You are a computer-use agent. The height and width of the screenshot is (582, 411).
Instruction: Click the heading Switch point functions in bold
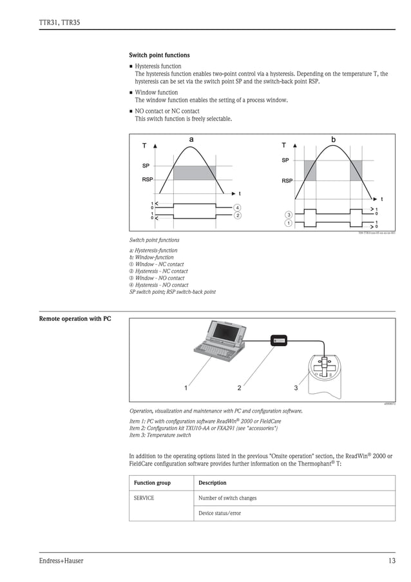pos(159,55)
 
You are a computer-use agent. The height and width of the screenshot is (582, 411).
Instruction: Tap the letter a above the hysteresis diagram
pos(191,139)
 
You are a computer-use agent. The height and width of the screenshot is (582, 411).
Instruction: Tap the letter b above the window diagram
pos(333,139)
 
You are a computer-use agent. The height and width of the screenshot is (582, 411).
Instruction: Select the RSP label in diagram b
pos(287,181)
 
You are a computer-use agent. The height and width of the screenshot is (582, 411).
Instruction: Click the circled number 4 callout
pos(238,208)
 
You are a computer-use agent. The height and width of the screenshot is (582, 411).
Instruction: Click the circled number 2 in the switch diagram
pos(238,215)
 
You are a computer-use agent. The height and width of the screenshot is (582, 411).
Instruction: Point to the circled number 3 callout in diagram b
pos(289,215)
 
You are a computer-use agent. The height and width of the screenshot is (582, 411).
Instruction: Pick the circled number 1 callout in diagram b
pos(289,223)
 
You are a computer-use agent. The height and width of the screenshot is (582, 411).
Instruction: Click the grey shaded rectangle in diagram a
pos(195,173)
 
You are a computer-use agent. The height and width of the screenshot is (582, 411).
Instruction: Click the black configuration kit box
pos(280,340)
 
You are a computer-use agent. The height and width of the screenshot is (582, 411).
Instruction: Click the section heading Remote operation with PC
pos(75,319)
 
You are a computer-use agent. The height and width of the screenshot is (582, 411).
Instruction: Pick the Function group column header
pos(152,483)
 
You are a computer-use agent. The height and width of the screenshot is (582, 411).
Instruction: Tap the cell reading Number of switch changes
pos(227,498)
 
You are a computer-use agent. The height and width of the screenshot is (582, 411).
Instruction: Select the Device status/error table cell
pos(220,514)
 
